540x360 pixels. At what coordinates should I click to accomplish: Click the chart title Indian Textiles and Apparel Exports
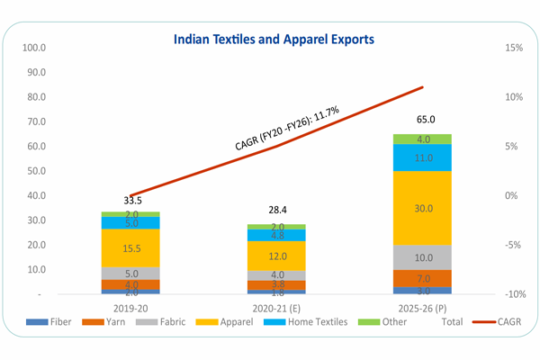pyautogui.click(x=274, y=40)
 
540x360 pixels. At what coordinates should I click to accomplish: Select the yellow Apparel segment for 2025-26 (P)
pyautogui.click(x=422, y=208)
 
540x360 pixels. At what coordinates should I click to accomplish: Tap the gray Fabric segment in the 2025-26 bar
pyautogui.click(x=422, y=257)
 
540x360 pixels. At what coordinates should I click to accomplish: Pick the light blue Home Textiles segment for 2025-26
pyautogui.click(x=422, y=157)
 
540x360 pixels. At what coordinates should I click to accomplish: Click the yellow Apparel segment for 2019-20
pyautogui.click(x=130, y=247)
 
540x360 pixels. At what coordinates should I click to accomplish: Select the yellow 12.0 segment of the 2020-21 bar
pyautogui.click(x=276, y=256)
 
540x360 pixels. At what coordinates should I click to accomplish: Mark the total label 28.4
pyautogui.click(x=276, y=209)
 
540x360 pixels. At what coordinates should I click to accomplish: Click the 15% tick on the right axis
pyautogui.click(x=514, y=47)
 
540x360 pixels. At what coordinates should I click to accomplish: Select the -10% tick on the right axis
pyautogui.click(x=512, y=294)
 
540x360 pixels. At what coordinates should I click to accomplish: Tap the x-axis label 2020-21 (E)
pyautogui.click(x=276, y=308)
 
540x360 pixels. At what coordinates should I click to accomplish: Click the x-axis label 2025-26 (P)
pyautogui.click(x=422, y=308)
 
